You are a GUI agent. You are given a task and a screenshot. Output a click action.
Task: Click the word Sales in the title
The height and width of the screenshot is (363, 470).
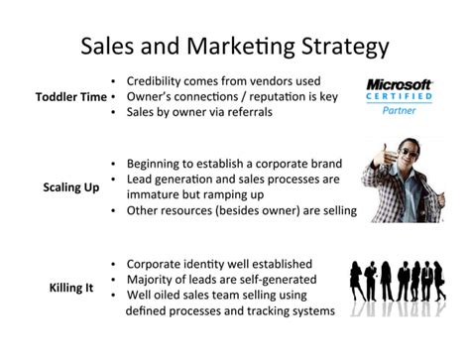[112, 47]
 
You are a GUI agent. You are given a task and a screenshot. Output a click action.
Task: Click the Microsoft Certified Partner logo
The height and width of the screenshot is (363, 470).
[400, 96]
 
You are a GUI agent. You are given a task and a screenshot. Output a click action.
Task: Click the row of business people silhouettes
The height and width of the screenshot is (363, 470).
[402, 288]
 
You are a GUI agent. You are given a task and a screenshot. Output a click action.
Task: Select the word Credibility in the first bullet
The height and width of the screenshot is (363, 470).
[160, 79]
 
